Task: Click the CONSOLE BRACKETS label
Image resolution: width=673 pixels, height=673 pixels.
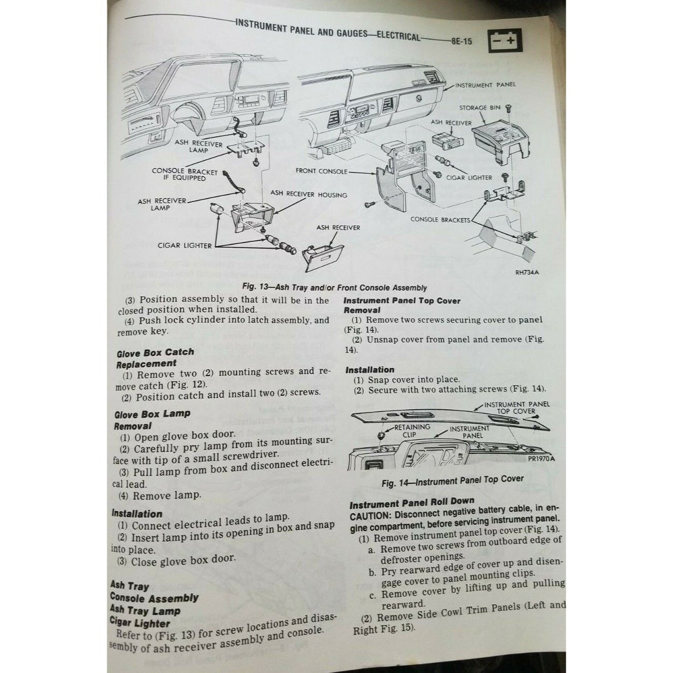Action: pyautogui.click(x=440, y=219)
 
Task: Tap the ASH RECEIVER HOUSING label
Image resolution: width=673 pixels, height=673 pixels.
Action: pyautogui.click(x=309, y=195)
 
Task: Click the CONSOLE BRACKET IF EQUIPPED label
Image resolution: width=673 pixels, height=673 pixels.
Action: pyautogui.click(x=178, y=174)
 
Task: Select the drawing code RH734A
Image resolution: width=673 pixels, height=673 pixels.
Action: pyautogui.click(x=527, y=275)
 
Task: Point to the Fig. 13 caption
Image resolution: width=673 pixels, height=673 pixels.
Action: pyautogui.click(x=335, y=288)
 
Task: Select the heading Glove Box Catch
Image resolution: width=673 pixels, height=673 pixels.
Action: pyautogui.click(x=155, y=352)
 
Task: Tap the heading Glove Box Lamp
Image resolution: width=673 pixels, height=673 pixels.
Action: pyautogui.click(x=152, y=414)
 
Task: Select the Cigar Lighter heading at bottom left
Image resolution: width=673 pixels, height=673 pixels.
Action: pyautogui.click(x=140, y=623)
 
